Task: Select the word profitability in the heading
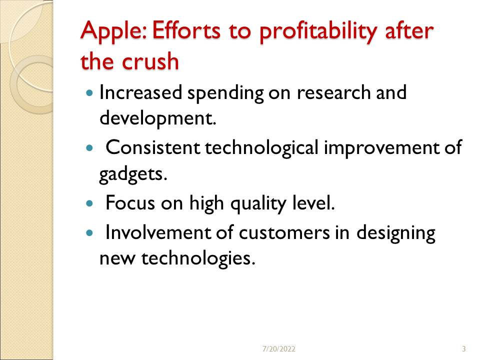318,31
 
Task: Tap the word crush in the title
150,61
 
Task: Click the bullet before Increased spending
89,92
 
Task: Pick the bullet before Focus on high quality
89,203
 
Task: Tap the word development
158,118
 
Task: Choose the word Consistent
153,147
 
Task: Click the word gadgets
133,174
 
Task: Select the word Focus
130,202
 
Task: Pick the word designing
396,234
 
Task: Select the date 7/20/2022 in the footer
279,348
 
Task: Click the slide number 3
464,348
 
